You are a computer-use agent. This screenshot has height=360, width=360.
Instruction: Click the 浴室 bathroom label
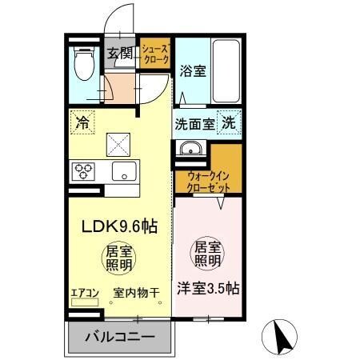click(x=193, y=70)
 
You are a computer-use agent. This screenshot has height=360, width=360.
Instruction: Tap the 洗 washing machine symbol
click(x=229, y=124)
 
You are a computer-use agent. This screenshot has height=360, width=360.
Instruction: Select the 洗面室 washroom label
click(x=194, y=125)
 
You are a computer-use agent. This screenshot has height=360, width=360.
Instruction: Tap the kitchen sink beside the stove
click(x=124, y=170)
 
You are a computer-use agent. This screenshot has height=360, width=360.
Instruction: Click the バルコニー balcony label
click(x=120, y=337)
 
